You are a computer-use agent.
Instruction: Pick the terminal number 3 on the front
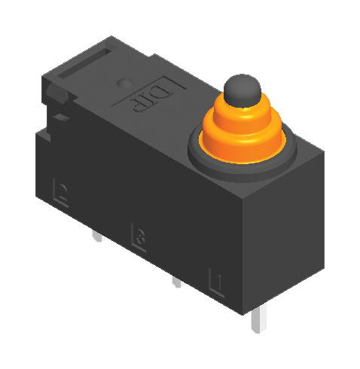(x=138, y=236)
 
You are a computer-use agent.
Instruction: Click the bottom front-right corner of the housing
(x=245, y=310)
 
